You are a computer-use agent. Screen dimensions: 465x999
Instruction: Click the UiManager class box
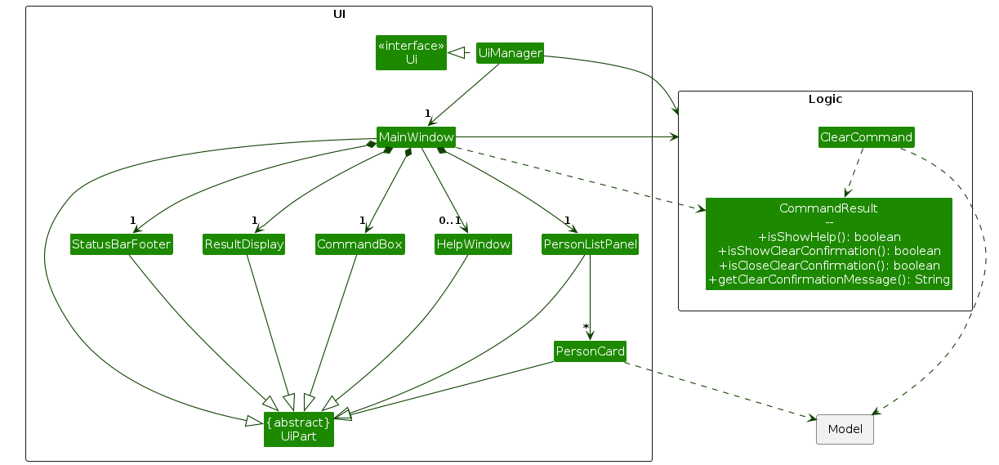tap(510, 53)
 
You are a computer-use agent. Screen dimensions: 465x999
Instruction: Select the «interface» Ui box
tap(411, 52)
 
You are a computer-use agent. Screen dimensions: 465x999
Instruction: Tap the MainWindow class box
tap(416, 137)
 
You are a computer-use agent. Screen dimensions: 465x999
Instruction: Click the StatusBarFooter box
tap(122, 244)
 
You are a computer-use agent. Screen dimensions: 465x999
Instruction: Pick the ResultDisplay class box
tap(243, 244)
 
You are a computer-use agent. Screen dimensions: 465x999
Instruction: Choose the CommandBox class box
tap(360, 244)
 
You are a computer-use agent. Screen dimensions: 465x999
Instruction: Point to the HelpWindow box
tap(473, 244)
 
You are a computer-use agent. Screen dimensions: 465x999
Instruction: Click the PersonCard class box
tap(590, 352)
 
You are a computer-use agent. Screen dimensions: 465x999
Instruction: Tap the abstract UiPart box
tap(299, 429)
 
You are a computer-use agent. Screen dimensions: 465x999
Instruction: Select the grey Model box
tap(845, 429)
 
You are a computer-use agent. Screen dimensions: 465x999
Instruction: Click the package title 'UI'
tap(339, 14)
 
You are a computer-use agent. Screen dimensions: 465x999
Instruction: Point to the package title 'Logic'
tap(825, 100)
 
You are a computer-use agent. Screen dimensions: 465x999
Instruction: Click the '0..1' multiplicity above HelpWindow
tap(450, 220)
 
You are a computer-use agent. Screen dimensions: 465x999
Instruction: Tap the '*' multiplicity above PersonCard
tap(586, 328)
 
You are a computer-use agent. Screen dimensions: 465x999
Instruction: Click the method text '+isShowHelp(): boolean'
tap(829, 237)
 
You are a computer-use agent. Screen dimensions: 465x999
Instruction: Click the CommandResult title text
tap(828, 208)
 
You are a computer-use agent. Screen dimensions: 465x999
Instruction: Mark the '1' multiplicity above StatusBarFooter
tap(132, 220)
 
